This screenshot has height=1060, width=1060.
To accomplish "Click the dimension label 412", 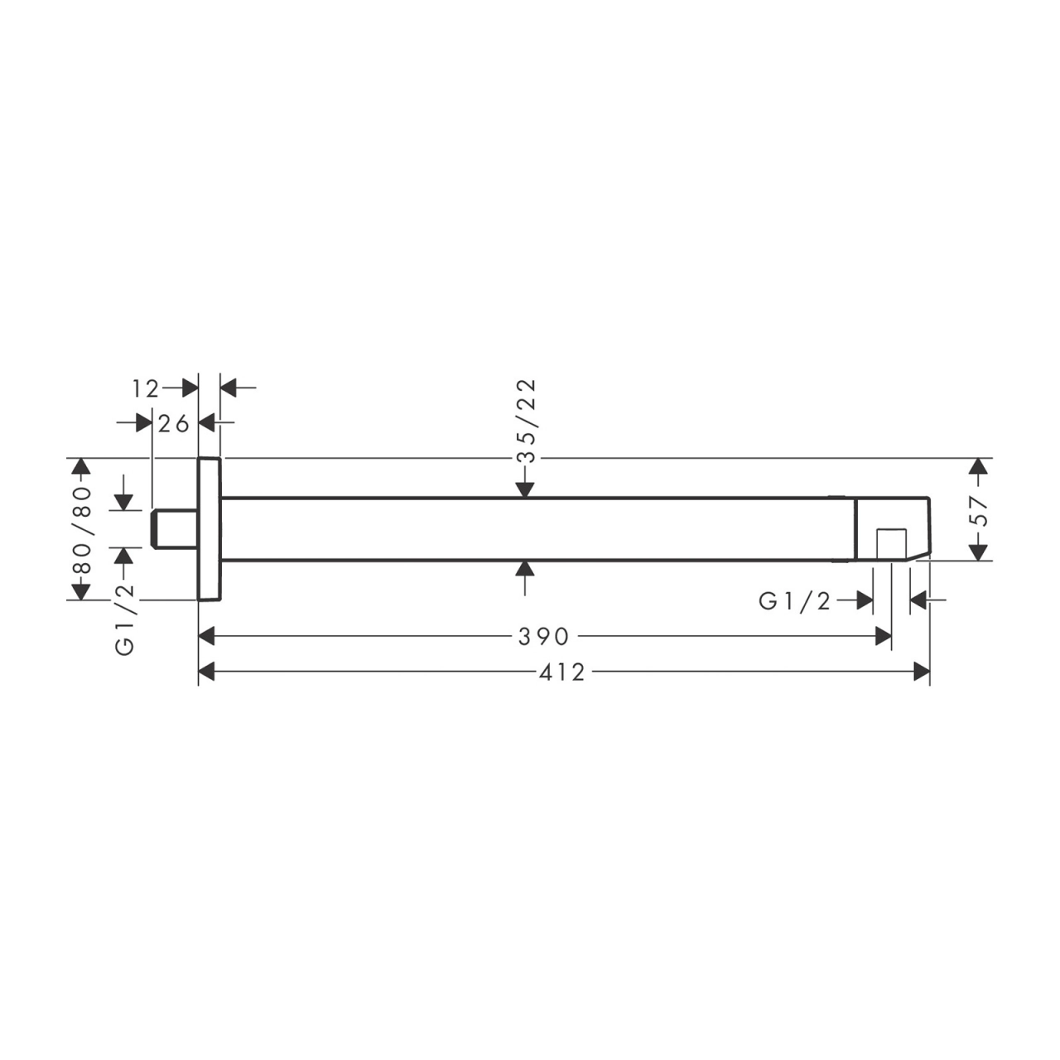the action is pos(561,672).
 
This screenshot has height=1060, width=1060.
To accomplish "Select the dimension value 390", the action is pos(543,637).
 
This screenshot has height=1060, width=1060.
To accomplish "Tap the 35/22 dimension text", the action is pos(526,421).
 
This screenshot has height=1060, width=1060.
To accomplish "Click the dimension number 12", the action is pos(145,389).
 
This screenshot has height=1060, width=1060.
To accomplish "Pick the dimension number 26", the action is pos(173,424).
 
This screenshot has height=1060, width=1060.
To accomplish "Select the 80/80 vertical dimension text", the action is pos(81,530).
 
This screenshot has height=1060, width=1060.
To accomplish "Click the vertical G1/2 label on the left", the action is pos(125,619).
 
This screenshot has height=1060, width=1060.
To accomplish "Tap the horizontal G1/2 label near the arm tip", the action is pos(794,601).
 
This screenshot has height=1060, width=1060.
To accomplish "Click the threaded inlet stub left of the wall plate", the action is pos(175,529).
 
